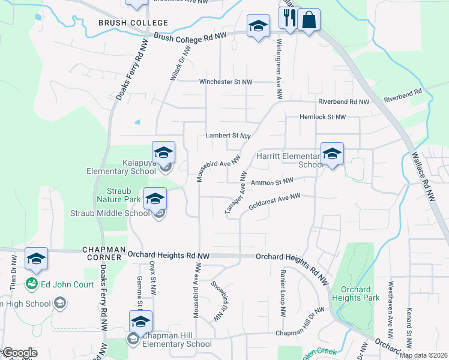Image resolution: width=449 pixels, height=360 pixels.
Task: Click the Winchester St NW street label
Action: (224, 82)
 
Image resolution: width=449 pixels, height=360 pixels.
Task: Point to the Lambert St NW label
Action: (228, 136)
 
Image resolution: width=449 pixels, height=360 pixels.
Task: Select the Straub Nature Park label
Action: (119, 194)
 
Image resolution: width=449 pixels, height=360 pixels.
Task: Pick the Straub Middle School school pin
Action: (155, 199)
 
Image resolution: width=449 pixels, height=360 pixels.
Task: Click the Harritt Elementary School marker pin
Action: (332, 154)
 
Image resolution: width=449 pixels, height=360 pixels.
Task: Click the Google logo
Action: (19, 353)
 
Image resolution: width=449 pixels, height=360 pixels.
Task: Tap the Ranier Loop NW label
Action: (282, 293)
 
